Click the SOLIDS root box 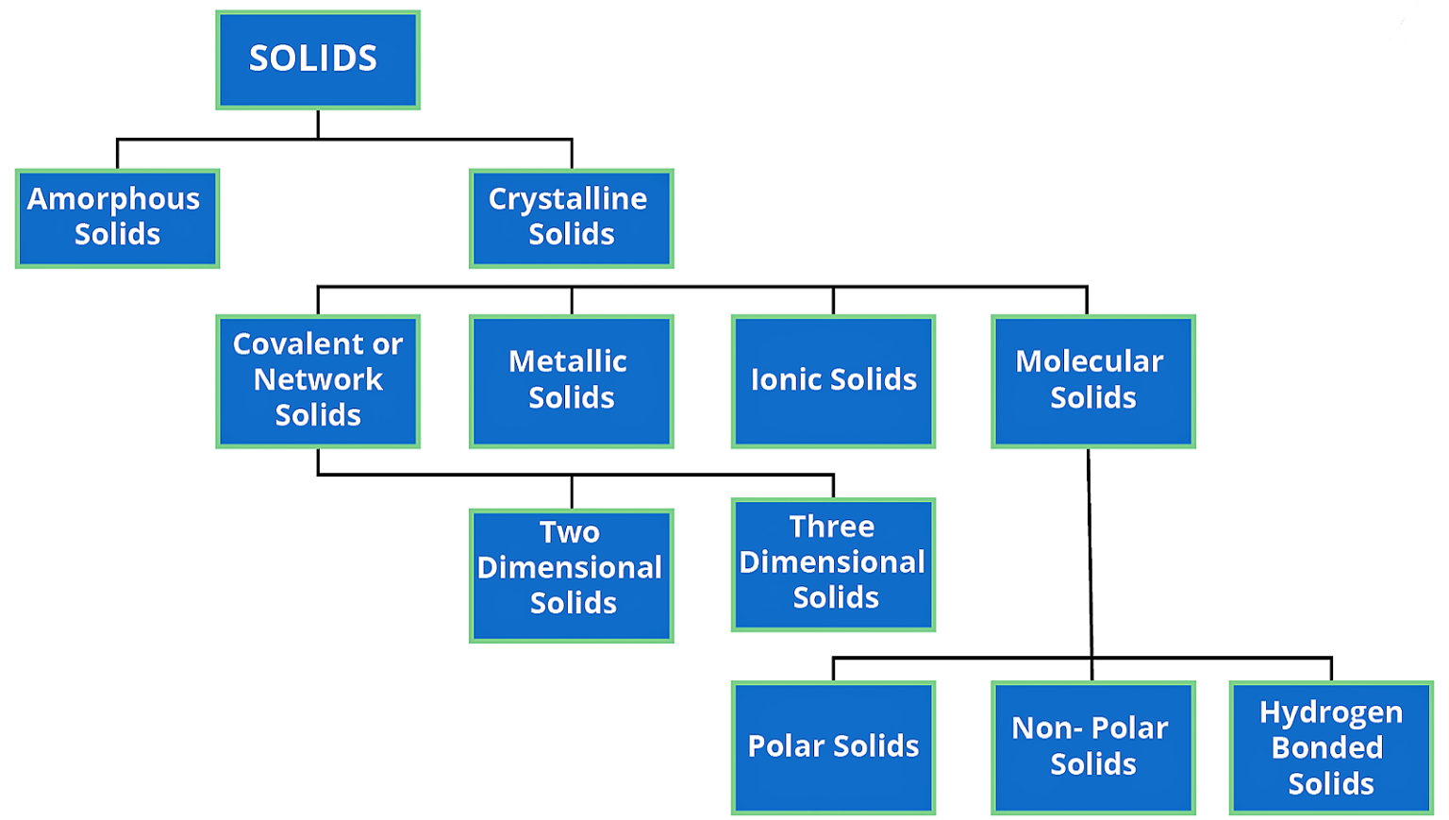pyautogui.click(x=318, y=60)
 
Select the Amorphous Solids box pyautogui.click(x=117, y=218)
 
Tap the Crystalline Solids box pyautogui.click(x=571, y=218)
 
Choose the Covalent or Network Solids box pyautogui.click(x=318, y=380)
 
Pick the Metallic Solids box pyautogui.click(x=571, y=380)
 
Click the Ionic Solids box pyautogui.click(x=833, y=380)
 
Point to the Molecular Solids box pyautogui.click(x=1092, y=380)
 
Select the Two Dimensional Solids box pyautogui.click(x=571, y=576)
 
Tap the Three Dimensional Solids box pyautogui.click(x=833, y=564)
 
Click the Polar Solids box pyautogui.click(x=833, y=746)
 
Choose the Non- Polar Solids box pyautogui.click(x=1092, y=746)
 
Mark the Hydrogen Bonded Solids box pyautogui.click(x=1331, y=746)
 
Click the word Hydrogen pyautogui.click(x=1331, y=712)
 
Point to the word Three pyautogui.click(x=832, y=527)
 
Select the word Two pyautogui.click(x=570, y=532)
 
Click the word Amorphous pyautogui.click(x=113, y=200)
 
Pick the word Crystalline pyautogui.click(x=568, y=200)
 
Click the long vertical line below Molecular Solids pyautogui.click(x=1090, y=552)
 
